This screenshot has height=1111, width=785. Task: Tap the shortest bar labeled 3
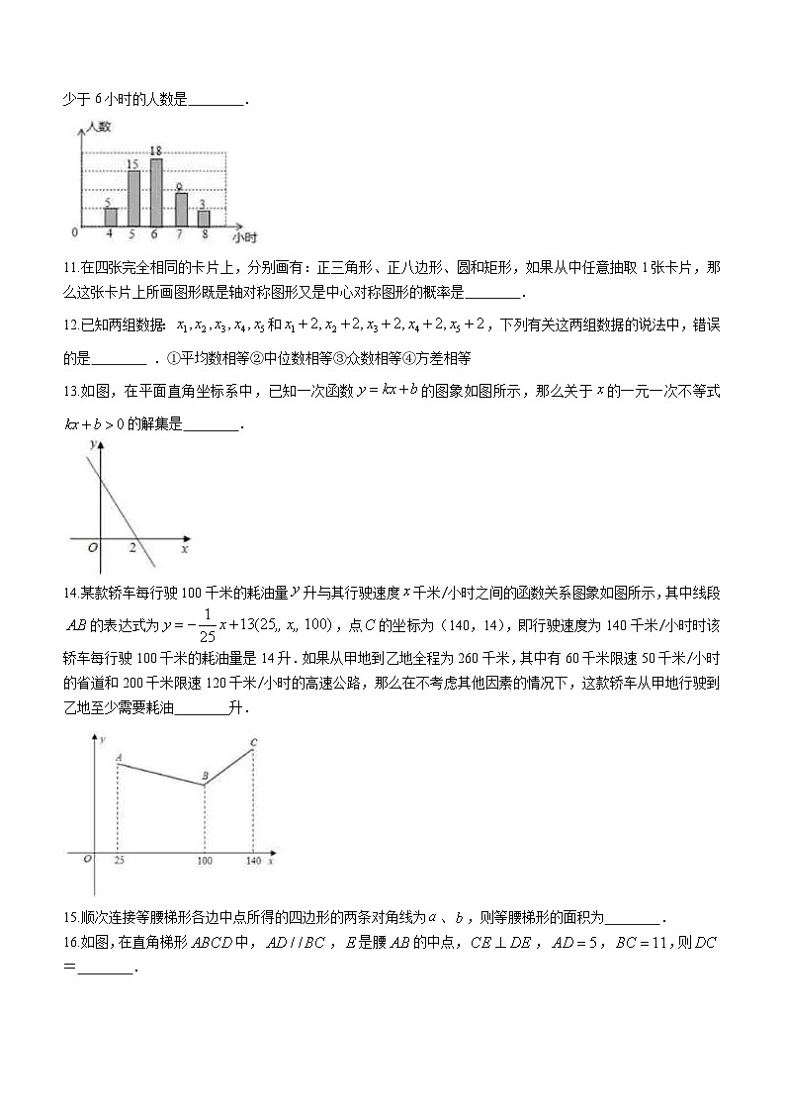tap(204, 219)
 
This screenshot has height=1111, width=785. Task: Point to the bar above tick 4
tap(111, 217)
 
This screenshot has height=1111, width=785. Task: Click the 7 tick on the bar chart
tap(181, 234)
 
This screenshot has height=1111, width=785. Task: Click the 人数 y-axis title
tap(99, 127)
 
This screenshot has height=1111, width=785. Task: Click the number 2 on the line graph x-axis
tap(132, 547)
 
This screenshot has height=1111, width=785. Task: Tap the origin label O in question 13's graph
tap(92, 547)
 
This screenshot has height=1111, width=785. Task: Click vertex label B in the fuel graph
tap(205, 777)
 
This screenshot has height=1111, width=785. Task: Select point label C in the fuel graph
tap(254, 742)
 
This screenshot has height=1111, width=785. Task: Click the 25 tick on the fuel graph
tap(118, 862)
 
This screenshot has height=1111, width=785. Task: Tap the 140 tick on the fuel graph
tap(253, 862)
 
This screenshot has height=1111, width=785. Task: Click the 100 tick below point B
tap(204, 862)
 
